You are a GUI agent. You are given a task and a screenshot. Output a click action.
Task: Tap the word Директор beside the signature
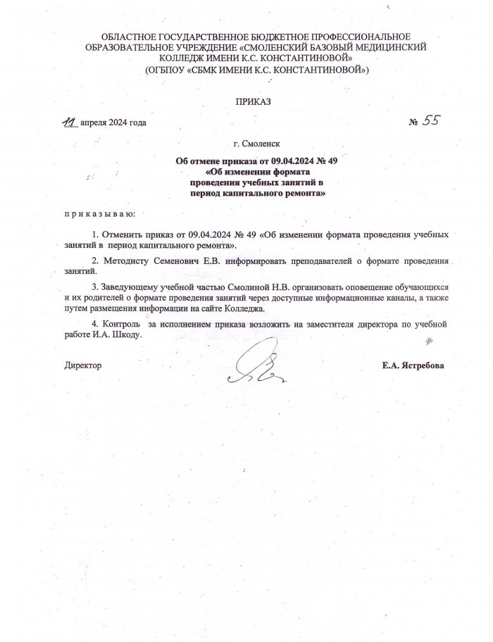(x=82, y=366)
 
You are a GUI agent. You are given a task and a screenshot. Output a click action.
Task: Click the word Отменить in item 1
(x=123, y=232)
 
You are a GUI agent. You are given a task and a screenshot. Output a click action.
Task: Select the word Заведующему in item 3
(x=132, y=289)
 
